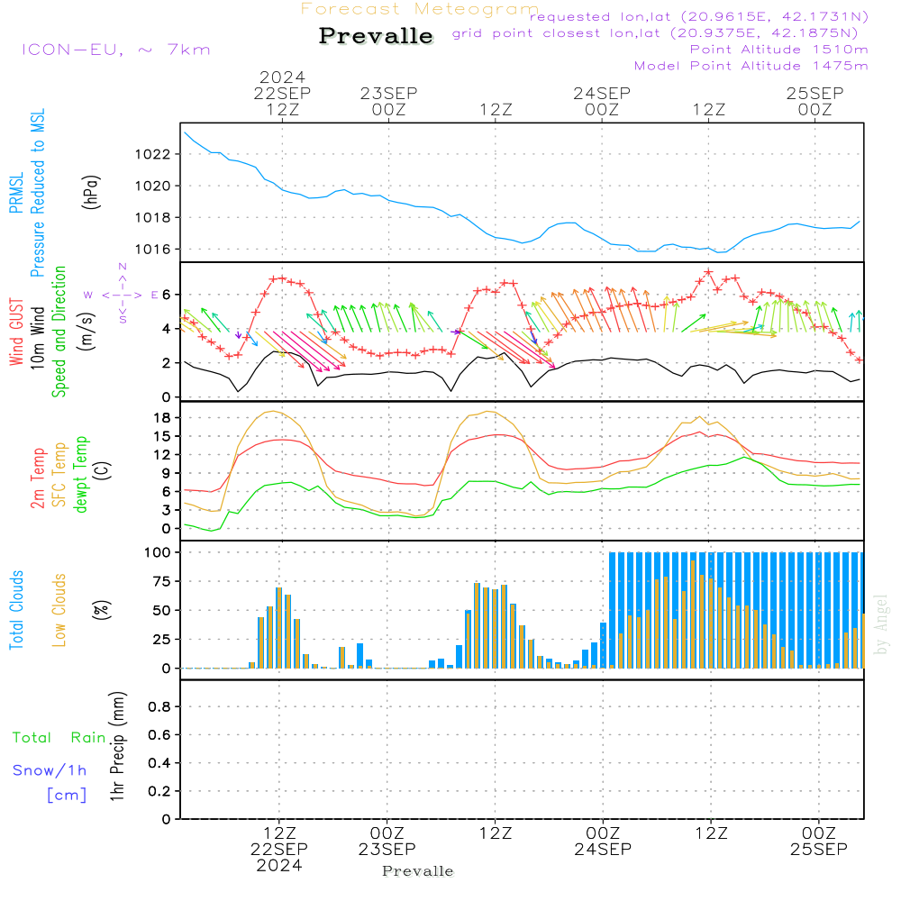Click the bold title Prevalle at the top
pyautogui.click(x=376, y=37)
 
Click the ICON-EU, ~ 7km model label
pyautogui.click(x=115, y=50)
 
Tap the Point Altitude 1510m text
pyautogui.click(x=778, y=50)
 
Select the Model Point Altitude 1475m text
pyautogui.click(x=751, y=66)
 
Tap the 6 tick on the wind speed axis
pyautogui.click(x=167, y=295)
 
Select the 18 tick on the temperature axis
pyautogui.click(x=162, y=418)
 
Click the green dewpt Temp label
pyautogui.click(x=81, y=475)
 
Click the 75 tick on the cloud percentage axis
pyautogui.click(x=160, y=581)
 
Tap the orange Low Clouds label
pyautogui.click(x=59, y=609)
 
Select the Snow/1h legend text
pyautogui.click(x=50, y=770)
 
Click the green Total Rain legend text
pyautogui.click(x=59, y=738)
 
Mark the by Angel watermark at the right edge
pyautogui.click(x=881, y=623)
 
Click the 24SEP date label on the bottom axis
pyautogui.click(x=602, y=850)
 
